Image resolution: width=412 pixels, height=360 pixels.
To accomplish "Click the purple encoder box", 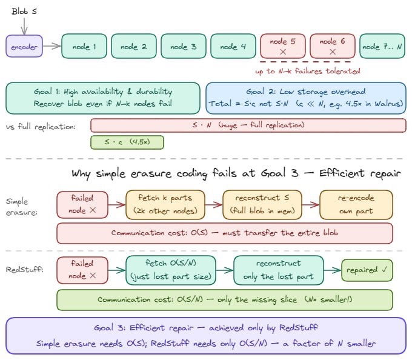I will tap(25, 46).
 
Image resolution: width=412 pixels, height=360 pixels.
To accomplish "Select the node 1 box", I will tap(84, 46).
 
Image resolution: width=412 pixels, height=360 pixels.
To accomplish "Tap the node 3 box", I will tap(183, 46).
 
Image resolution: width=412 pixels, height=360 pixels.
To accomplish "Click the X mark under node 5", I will tap(283, 53).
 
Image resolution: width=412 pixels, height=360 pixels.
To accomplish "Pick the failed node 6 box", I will tap(332, 46).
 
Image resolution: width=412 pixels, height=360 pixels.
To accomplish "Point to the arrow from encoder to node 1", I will tap(52, 46).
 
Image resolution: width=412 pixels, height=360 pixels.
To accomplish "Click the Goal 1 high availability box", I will tap(103, 98).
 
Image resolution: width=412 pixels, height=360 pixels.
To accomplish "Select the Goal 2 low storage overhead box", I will tap(306, 98).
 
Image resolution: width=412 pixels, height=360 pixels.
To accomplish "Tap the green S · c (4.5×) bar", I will tap(127, 142).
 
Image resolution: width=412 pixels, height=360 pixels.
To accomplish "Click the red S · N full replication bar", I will tap(248, 125).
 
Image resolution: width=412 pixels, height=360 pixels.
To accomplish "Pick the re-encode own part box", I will tap(356, 205).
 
